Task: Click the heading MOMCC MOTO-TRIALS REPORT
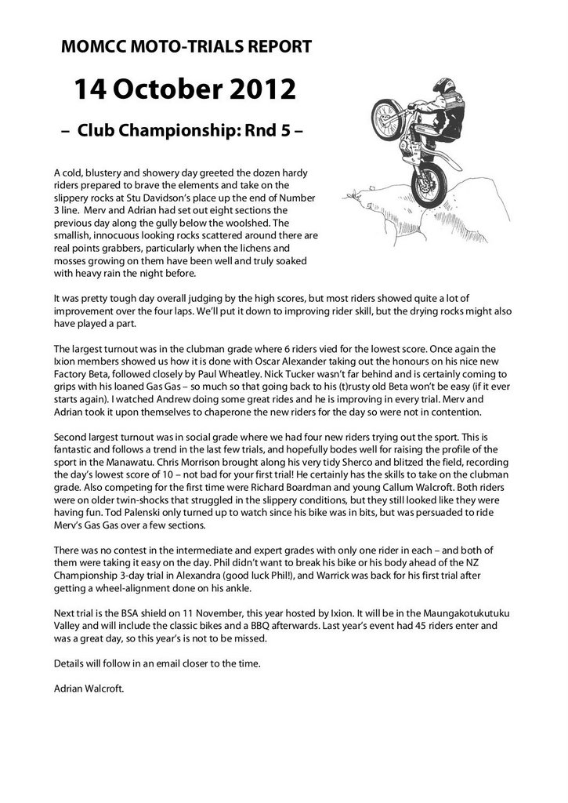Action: coord(186,48)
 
